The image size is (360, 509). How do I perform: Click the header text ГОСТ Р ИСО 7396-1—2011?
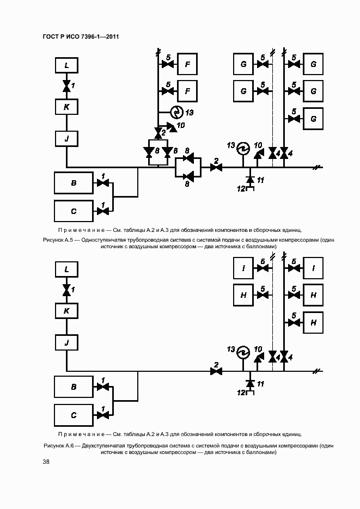point(81,36)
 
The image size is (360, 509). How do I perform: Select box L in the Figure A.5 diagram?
point(66,66)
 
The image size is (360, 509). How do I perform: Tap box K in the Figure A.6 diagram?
point(66,310)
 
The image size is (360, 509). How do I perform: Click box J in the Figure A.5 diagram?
point(66,139)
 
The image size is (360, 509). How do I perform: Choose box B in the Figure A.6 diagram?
point(74,387)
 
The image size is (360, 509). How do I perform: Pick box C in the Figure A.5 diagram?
point(74,211)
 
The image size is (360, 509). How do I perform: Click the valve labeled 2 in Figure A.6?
point(217,371)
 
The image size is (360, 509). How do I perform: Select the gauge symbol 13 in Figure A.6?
point(242,353)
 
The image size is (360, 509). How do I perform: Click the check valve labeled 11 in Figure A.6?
point(250,383)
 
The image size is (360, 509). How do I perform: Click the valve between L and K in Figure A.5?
point(66,85)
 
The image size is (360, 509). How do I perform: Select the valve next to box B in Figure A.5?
point(102,183)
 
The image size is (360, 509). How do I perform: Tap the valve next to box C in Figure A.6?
point(102,414)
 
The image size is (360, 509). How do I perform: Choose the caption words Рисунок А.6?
point(58,445)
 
